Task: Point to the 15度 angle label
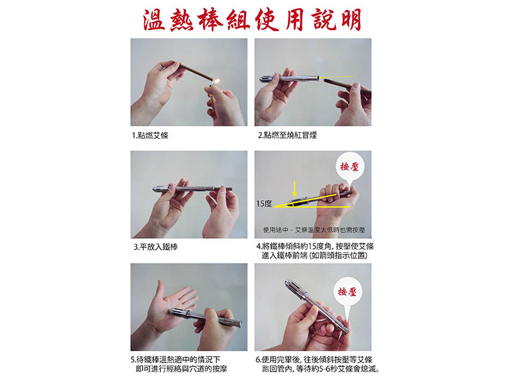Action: [x=264, y=204]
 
